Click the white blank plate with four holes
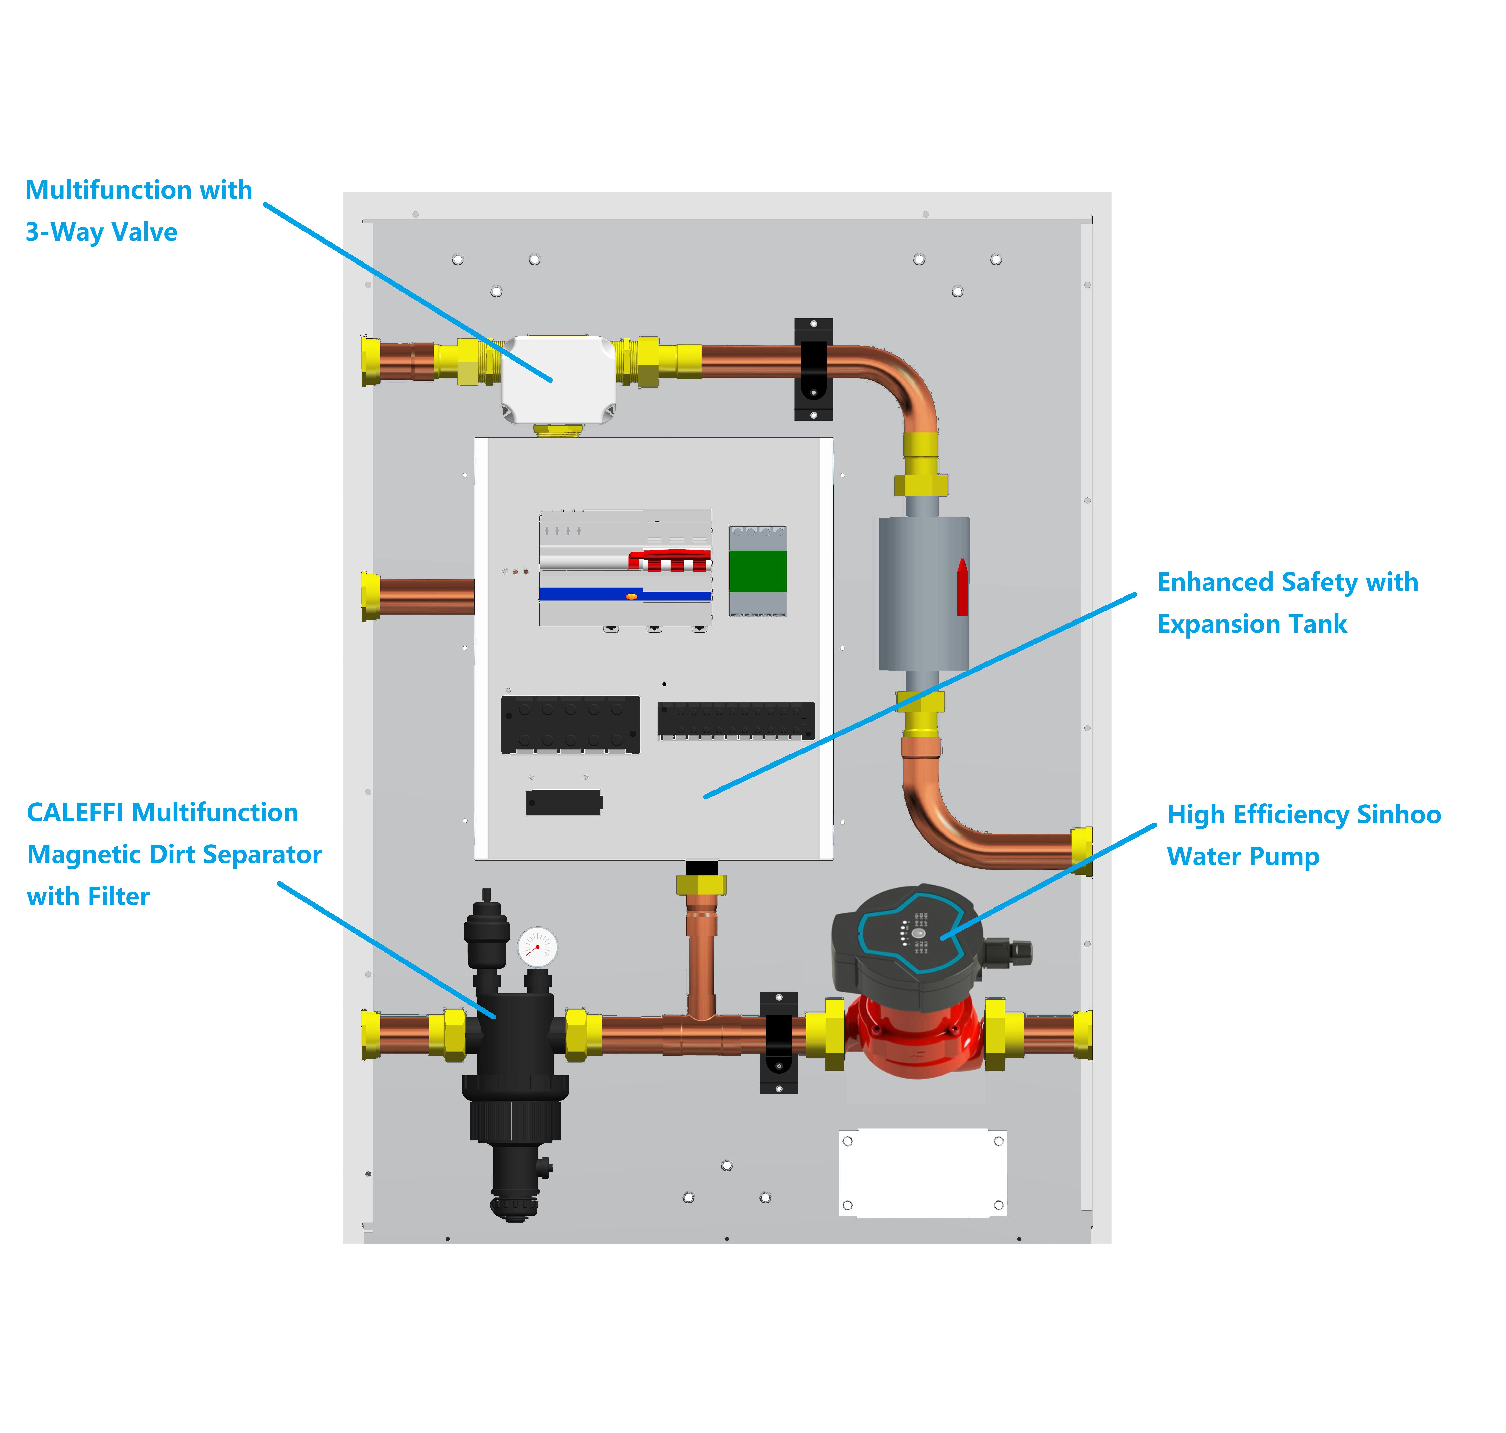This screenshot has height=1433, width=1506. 922,1173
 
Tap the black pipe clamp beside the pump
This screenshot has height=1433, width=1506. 779,1043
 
